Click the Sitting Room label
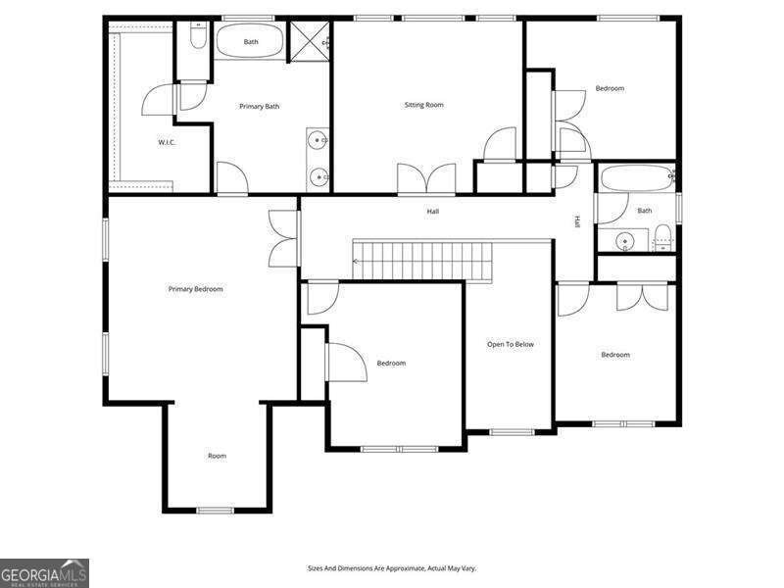pyautogui.click(x=424, y=105)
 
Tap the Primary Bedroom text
pyautogui.click(x=196, y=289)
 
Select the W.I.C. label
pyautogui.click(x=167, y=143)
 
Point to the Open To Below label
pyautogui.click(x=511, y=344)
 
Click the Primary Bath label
pyautogui.click(x=260, y=106)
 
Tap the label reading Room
pyautogui.click(x=217, y=456)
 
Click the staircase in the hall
pyautogui.click(x=423, y=262)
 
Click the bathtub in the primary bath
pyautogui.click(x=251, y=42)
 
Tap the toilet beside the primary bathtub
pyautogui.click(x=198, y=37)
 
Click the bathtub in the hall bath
pyautogui.click(x=636, y=180)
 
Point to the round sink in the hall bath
pyautogui.click(x=624, y=241)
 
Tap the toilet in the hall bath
pyautogui.click(x=663, y=238)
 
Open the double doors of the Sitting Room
pyautogui.click(x=426, y=180)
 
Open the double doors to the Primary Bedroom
pyautogui.click(x=283, y=238)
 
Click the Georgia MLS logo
pyautogui.click(x=44, y=572)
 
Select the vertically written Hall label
pyautogui.click(x=577, y=221)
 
